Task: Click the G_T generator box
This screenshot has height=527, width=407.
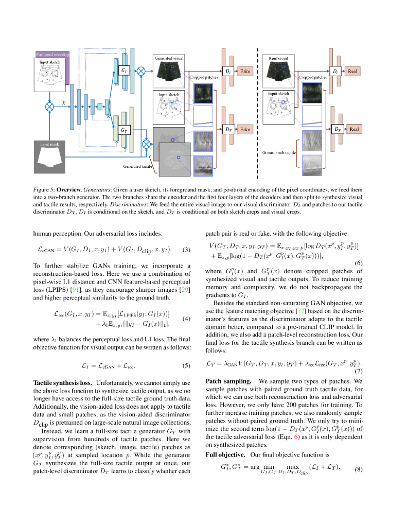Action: [124, 131]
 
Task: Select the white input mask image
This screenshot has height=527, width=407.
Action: [51, 157]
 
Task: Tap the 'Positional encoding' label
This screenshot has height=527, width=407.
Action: [51, 54]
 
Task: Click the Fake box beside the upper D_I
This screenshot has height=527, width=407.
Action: [244, 71]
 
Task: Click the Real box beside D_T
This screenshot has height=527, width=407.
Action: [354, 129]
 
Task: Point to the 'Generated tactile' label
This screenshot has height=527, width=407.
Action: [137, 166]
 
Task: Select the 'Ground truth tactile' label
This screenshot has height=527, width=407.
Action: [279, 153]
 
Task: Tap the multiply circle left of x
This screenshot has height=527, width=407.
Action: [49, 107]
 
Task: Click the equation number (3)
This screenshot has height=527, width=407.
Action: [186, 250]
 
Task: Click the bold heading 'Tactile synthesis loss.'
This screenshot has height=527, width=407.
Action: [62, 383]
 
